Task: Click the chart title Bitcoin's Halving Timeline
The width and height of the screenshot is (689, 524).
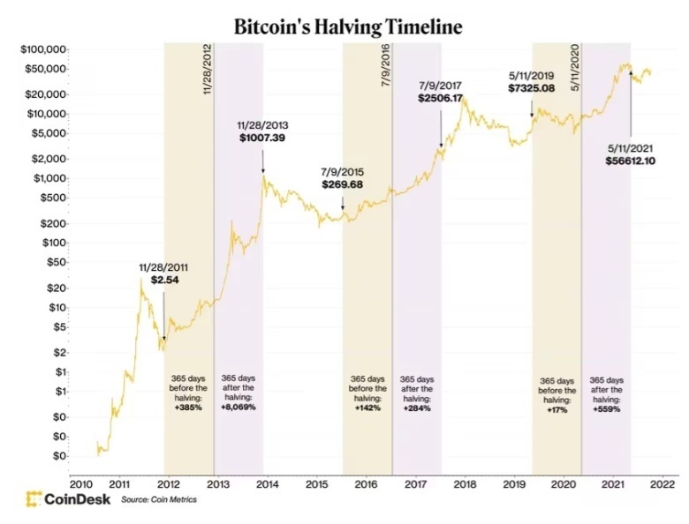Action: click(347, 26)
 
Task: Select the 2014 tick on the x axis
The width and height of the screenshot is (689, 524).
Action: click(268, 483)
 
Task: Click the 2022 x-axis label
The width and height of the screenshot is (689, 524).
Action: click(662, 483)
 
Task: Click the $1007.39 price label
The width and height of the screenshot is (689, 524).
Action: click(261, 139)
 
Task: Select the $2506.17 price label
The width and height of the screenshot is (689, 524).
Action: click(440, 99)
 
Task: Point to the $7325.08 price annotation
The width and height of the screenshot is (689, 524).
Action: click(531, 89)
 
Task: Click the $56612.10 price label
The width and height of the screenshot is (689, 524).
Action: click(630, 161)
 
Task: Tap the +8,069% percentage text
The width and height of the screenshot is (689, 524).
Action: click(238, 408)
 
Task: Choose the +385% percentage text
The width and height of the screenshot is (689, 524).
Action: click(188, 408)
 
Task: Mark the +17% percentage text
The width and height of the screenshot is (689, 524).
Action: click(556, 409)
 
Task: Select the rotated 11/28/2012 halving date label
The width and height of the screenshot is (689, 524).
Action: click(208, 70)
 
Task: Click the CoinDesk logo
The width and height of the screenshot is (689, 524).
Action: click(68, 498)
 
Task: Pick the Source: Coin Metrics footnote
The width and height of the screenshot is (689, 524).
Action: click(159, 500)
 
